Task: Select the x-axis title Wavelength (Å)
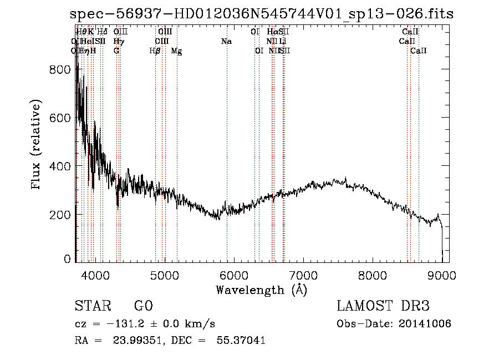tap(261, 290)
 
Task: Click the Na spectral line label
tap(226, 42)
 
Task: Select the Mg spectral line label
tap(176, 51)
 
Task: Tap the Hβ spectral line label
tap(155, 51)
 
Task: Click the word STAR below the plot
tap(92, 306)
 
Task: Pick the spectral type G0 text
tap(143, 306)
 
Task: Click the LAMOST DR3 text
tap(383, 306)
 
